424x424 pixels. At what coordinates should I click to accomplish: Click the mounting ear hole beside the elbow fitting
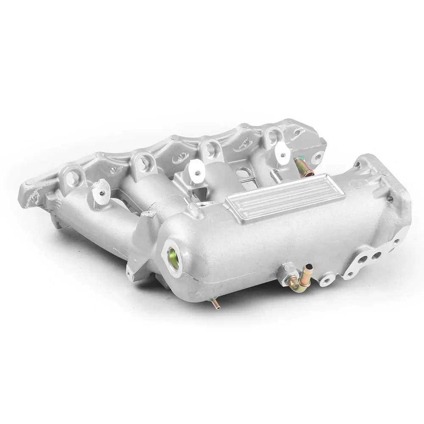tap(327, 279)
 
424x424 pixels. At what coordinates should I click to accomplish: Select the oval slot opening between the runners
tap(243, 173)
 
